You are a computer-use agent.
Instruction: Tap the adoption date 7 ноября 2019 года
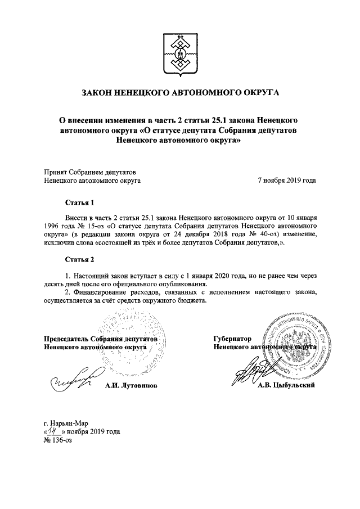286,181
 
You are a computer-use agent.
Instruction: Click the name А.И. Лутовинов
131,386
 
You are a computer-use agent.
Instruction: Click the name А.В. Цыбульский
286,386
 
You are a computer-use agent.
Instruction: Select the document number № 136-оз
58,440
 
